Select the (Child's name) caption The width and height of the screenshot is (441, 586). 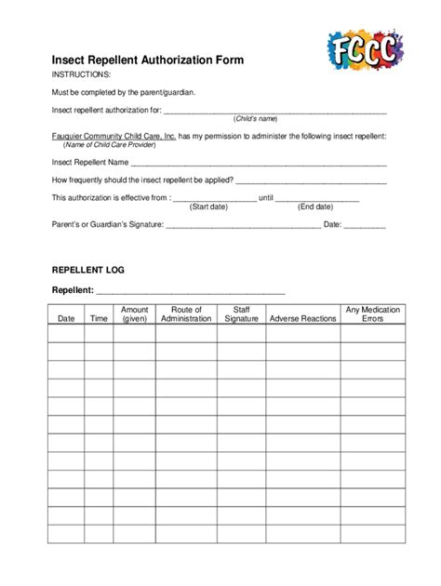pyautogui.click(x=256, y=119)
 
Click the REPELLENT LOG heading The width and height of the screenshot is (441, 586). pyautogui.click(x=87, y=270)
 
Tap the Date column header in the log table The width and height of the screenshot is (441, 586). pyautogui.click(x=66, y=319)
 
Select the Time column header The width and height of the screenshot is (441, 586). pyautogui.click(x=99, y=319)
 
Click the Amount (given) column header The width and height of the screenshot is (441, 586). pyautogui.click(x=134, y=314)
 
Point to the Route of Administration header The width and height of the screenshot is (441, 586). pyautogui.click(x=186, y=314)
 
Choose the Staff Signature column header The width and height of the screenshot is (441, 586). pyautogui.click(x=241, y=314)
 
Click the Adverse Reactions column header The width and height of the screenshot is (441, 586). pyautogui.click(x=302, y=319)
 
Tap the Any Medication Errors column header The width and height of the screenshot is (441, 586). pyautogui.click(x=372, y=314)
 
